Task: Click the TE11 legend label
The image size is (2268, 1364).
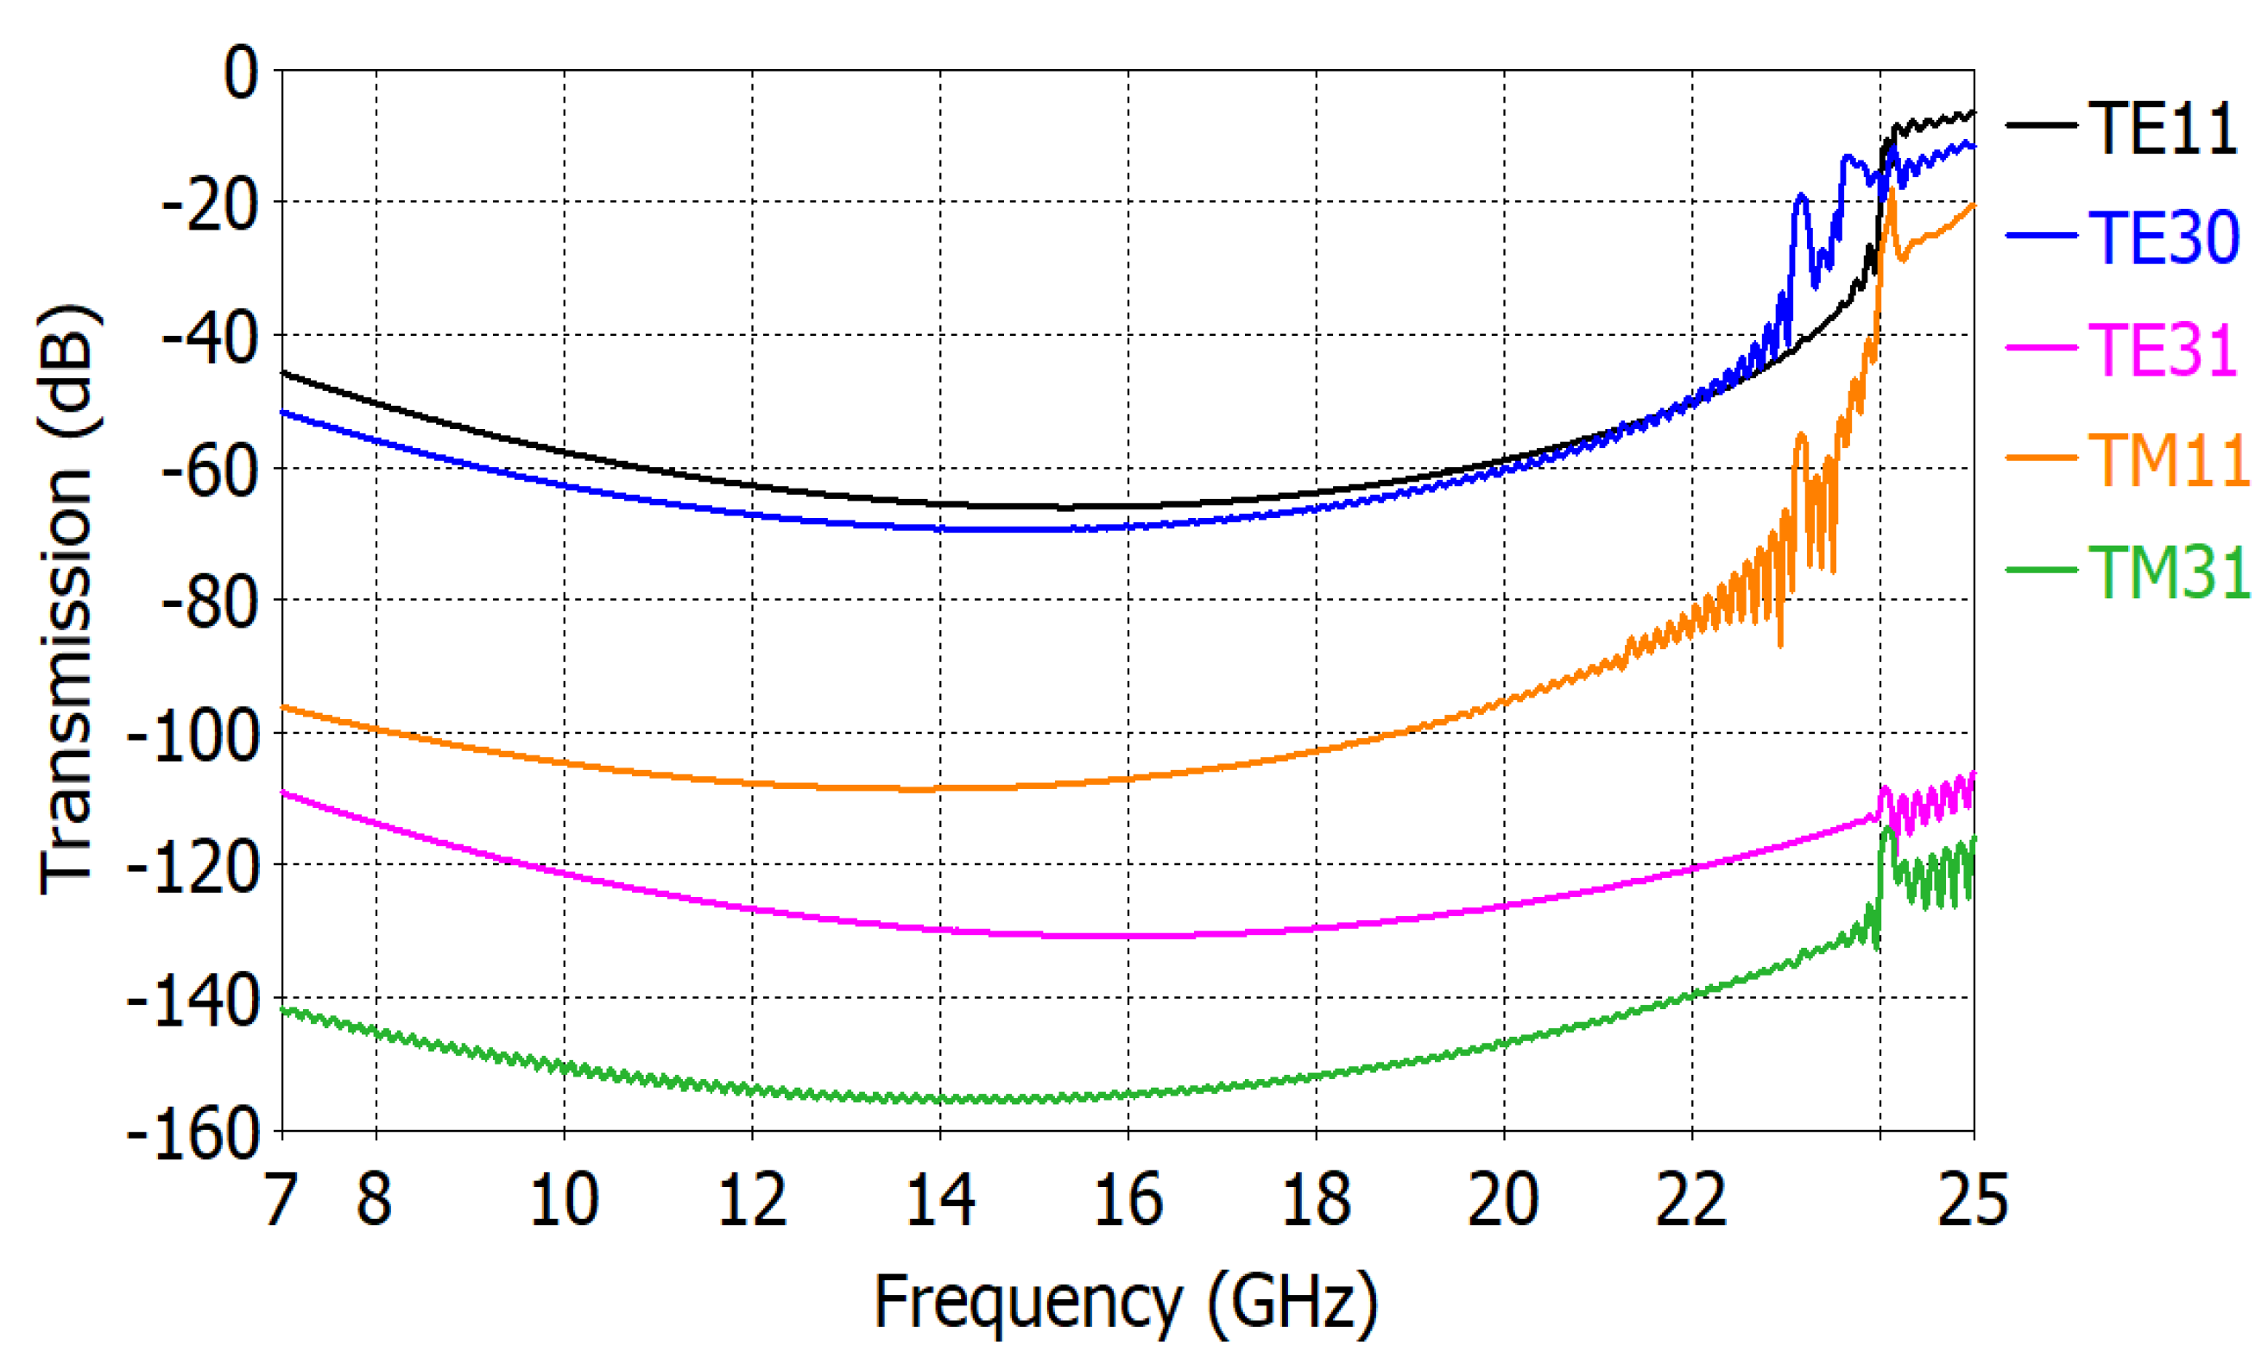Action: click(x=2162, y=129)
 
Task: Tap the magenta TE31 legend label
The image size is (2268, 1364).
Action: click(x=2162, y=350)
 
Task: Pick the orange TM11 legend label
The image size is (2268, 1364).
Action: click(x=2168, y=459)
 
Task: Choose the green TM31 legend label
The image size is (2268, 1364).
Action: click(x=2168, y=571)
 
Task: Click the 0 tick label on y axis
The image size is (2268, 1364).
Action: click(x=242, y=73)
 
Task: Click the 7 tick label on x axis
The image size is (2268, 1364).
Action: click(x=281, y=1198)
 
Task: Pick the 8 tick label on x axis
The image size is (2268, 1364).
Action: click(x=375, y=1198)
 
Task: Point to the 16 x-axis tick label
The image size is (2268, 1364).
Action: click(x=1128, y=1198)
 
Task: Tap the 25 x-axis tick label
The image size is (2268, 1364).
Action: click(x=1972, y=1198)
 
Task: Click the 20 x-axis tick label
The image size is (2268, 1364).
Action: click(x=1503, y=1198)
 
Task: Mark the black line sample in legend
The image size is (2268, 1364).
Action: click(x=2040, y=126)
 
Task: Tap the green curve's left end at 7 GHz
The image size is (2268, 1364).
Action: click(x=283, y=1010)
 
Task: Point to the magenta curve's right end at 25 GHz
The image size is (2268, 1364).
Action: click(x=1972, y=774)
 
